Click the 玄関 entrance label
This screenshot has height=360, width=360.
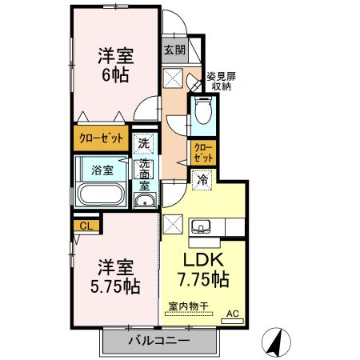(x=174, y=50)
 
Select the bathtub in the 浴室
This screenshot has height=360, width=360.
(x=100, y=194)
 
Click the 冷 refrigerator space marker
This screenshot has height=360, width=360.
(x=203, y=179)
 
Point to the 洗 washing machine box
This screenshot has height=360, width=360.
(x=142, y=144)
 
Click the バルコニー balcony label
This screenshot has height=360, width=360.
(x=159, y=340)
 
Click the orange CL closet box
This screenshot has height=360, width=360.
(x=86, y=226)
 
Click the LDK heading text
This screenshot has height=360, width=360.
(x=202, y=260)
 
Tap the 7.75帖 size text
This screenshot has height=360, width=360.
(x=202, y=280)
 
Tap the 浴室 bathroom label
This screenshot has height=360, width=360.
(x=101, y=169)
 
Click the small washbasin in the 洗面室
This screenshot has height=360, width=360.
(x=143, y=201)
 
